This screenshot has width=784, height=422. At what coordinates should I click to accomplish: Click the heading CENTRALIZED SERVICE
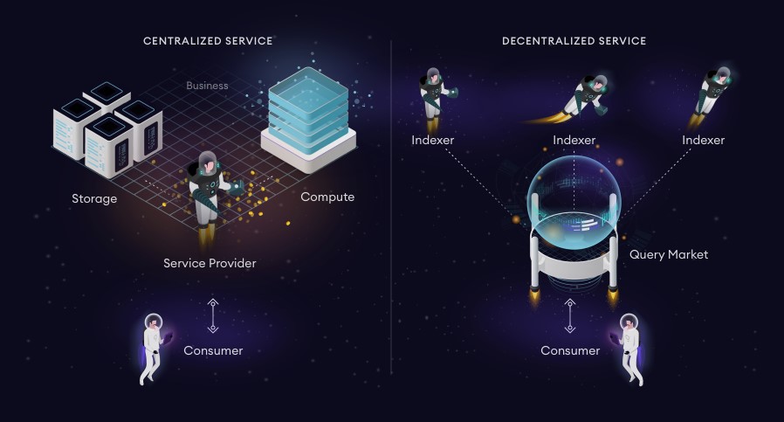pos(208,41)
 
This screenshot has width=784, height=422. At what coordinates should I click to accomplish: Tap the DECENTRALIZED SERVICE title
pos(574,41)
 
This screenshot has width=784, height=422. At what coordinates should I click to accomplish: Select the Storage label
pos(94,198)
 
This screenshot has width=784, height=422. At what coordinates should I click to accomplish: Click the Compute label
pos(327,197)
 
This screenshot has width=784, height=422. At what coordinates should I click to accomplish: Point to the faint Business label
pos(207,86)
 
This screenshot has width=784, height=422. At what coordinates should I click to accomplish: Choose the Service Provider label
pos(210,263)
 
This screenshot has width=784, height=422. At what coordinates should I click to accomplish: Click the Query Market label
pos(669,254)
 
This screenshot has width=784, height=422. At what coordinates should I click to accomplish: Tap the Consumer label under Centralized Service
pos(213,350)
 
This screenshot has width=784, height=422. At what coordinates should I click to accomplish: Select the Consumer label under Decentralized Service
pos(570,350)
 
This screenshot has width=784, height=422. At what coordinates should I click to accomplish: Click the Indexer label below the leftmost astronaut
pos(432,140)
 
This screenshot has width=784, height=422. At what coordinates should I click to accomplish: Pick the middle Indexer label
pos(574,140)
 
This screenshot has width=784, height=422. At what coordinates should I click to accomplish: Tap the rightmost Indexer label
pos(703,140)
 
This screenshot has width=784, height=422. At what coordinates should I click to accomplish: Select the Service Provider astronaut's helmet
pos(208,163)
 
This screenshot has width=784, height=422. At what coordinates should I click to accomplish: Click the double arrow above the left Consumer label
pos(213,316)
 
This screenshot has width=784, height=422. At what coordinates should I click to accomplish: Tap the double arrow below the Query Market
pos(570,316)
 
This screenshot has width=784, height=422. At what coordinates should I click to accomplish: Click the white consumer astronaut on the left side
pos(152,349)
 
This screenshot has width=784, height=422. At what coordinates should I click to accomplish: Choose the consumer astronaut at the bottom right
pos(629,349)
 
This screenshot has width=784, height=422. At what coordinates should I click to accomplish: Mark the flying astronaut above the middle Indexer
pos(585,98)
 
